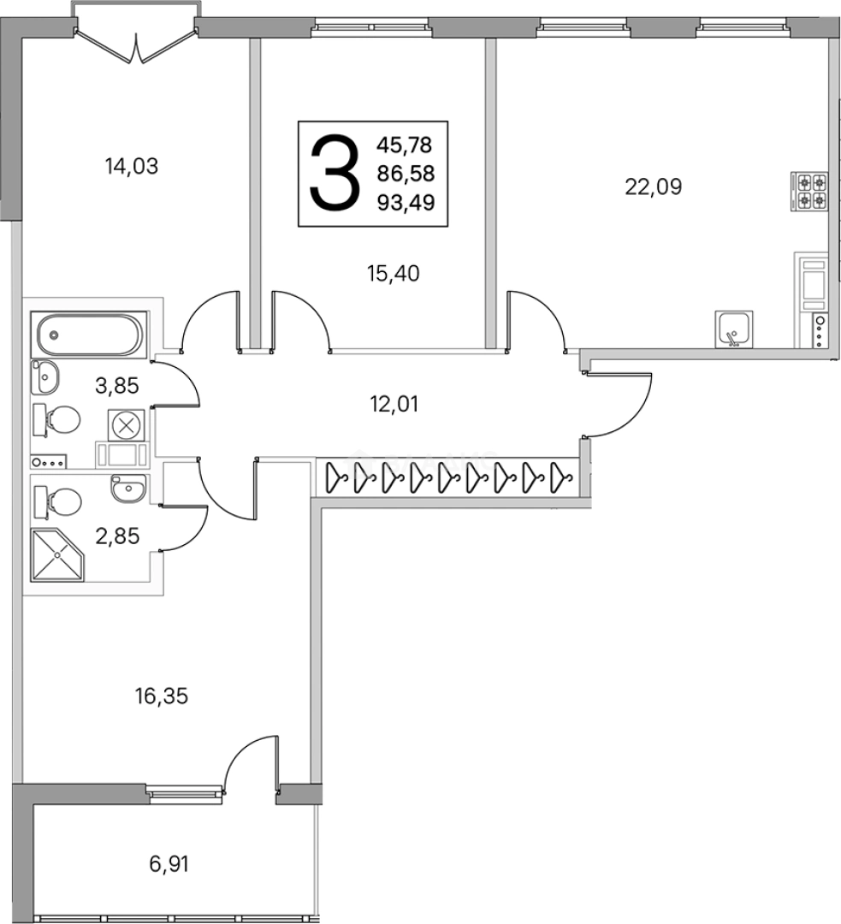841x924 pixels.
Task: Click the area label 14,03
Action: [x=132, y=166]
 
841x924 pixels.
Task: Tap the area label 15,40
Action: [x=393, y=274]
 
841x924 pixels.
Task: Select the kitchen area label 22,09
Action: [x=653, y=187]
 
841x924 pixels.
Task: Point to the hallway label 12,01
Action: [x=394, y=404]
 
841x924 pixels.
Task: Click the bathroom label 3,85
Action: [x=116, y=386]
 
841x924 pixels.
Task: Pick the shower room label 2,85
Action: [x=117, y=536]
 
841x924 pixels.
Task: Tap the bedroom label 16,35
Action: [x=162, y=696]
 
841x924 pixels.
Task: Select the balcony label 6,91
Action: [x=169, y=864]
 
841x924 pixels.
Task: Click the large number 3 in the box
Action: [x=335, y=173]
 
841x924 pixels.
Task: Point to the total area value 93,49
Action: [x=406, y=203]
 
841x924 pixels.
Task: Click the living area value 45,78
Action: [x=405, y=145]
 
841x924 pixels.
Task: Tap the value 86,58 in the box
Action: [x=406, y=174]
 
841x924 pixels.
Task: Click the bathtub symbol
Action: [x=89, y=335]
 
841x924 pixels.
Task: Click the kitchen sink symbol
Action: [x=733, y=329]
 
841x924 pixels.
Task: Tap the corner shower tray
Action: [x=58, y=554]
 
